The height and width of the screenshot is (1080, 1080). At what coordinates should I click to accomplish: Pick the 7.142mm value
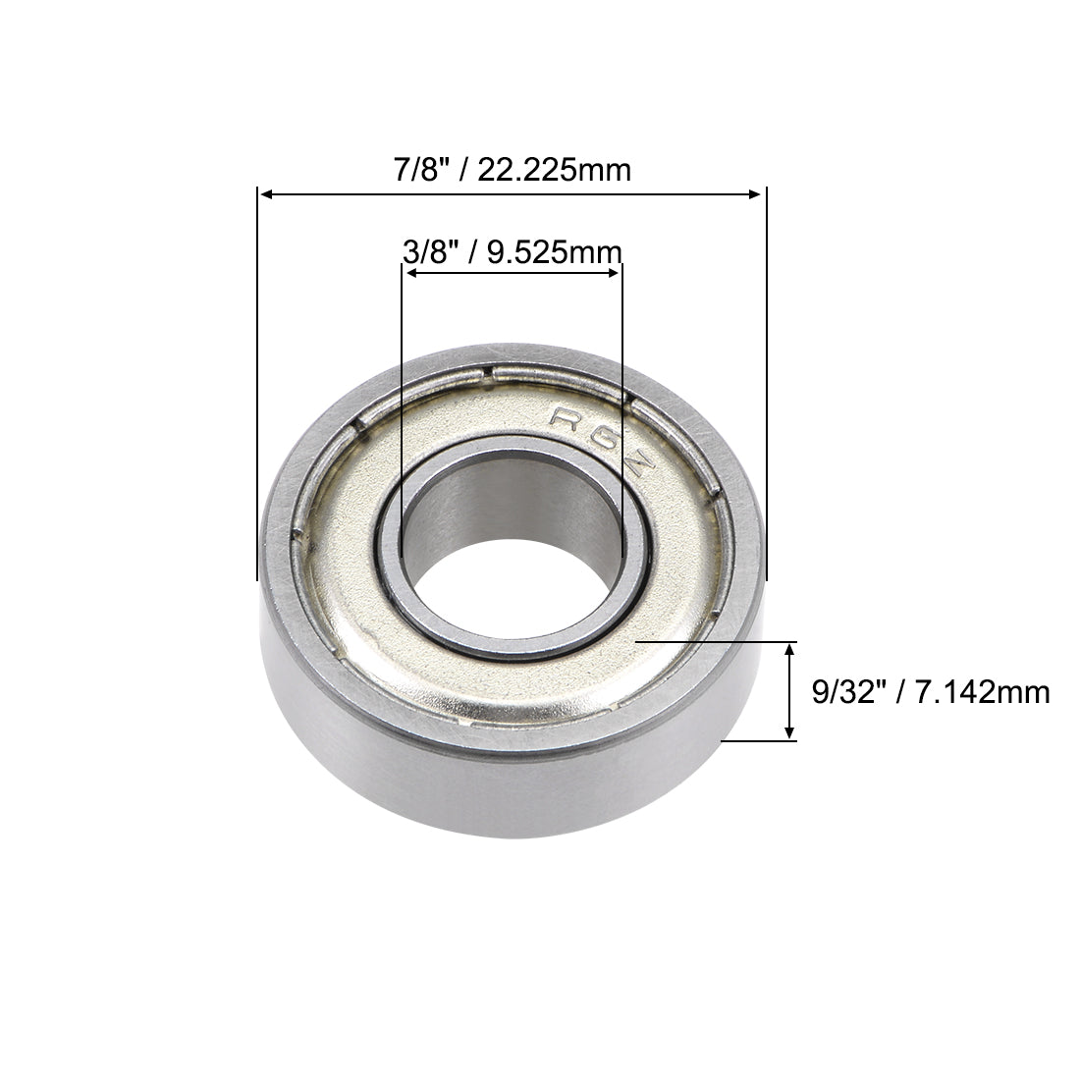pos(983,692)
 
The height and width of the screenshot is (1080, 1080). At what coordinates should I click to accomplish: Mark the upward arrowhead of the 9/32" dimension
pos(790,649)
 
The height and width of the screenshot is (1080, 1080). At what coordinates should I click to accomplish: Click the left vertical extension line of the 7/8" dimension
pos(258,393)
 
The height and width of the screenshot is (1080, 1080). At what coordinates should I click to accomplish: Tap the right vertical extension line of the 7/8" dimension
pos(766,393)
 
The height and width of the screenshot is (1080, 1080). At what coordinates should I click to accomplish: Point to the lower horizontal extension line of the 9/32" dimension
pos(761,741)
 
